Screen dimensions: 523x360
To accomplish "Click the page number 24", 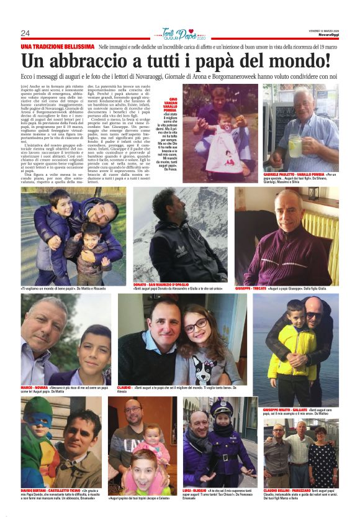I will pos(25,33).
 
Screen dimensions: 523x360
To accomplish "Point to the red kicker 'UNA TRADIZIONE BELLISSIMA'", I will pos(57,47).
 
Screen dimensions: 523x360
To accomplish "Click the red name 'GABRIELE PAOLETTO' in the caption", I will pos(280,176).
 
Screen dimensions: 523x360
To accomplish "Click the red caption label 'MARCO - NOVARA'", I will pos(35,388).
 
